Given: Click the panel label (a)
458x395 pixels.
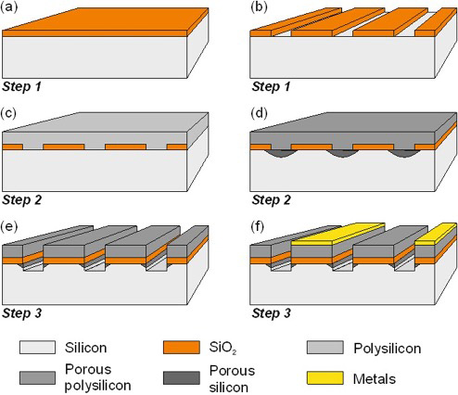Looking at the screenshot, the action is click(x=9, y=7).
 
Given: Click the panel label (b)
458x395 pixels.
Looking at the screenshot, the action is click(x=259, y=7).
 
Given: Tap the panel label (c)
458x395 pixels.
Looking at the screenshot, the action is click(x=8, y=113).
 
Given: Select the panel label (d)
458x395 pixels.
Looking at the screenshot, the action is click(x=259, y=113).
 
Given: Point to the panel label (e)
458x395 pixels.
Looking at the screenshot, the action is click(x=9, y=226).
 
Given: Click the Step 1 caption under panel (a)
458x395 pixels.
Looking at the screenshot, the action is click(x=21, y=86).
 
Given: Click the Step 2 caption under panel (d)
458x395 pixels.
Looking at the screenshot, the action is click(x=272, y=200).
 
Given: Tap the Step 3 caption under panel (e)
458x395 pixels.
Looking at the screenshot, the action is click(x=21, y=313).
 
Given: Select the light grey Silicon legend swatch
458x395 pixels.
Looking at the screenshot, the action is click(x=37, y=348).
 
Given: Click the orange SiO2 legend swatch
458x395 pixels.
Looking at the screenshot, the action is click(x=182, y=348).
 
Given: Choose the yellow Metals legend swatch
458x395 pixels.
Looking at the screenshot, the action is click(x=325, y=378).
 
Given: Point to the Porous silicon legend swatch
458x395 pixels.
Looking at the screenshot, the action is click(x=182, y=378).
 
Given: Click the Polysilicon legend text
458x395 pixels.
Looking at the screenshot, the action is click(x=388, y=349).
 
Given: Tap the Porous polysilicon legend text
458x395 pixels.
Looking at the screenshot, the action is click(x=98, y=377).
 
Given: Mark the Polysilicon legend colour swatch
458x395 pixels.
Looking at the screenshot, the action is click(x=325, y=348).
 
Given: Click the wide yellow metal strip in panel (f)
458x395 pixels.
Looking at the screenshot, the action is click(x=338, y=234).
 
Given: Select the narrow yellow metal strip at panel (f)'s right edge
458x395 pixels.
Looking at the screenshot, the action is click(x=437, y=234).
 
